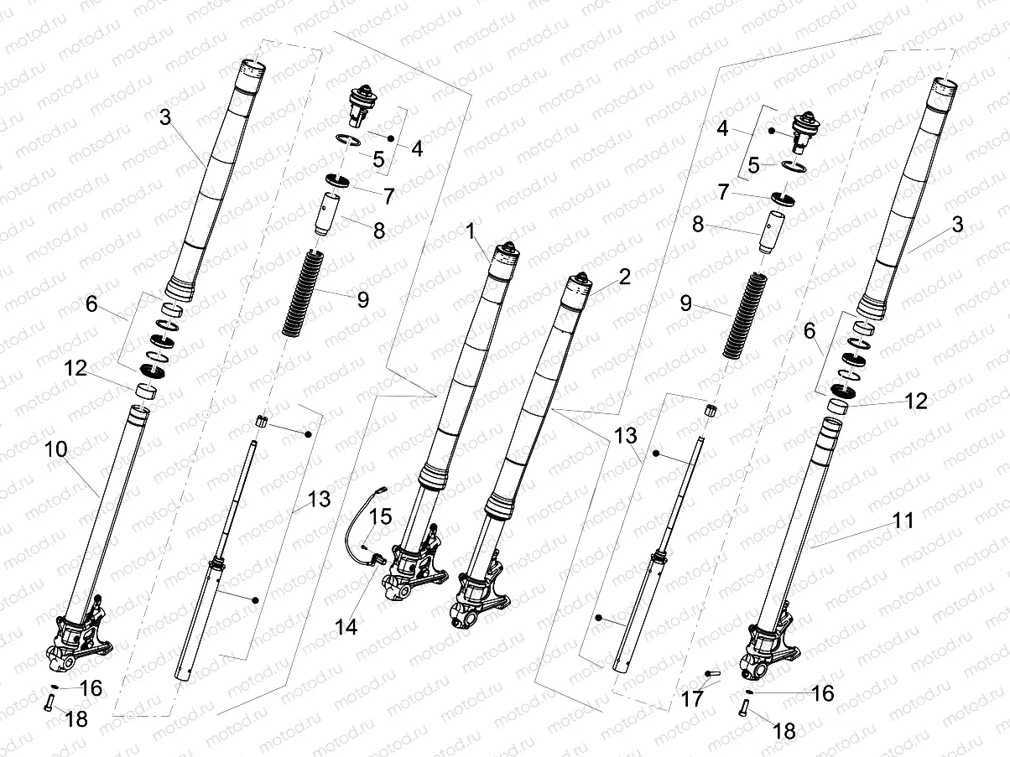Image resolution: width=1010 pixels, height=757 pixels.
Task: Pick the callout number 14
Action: tap(346, 625)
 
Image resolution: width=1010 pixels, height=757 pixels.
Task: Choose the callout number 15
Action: tap(380, 517)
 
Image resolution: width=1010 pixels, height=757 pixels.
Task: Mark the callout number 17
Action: tap(692, 697)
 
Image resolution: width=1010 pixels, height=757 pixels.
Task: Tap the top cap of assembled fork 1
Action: tap(506, 249)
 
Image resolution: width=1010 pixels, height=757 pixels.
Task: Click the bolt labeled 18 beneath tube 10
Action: tap(51, 705)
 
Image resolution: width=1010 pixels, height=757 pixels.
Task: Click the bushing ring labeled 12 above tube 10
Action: tap(148, 390)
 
